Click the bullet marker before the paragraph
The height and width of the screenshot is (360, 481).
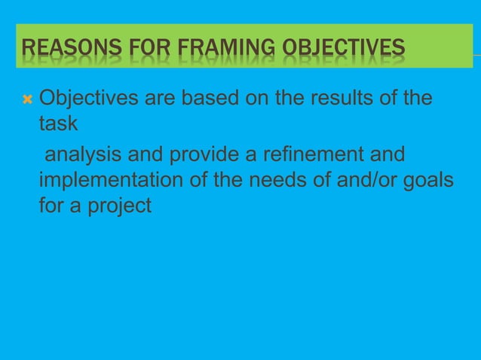27,99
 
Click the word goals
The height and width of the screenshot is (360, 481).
429,181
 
